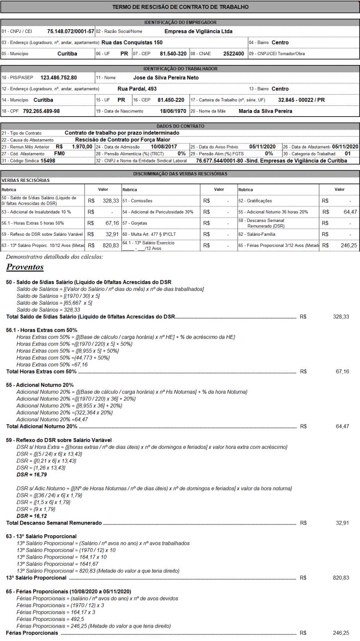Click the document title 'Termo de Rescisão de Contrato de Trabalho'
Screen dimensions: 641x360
pyautogui.click(x=180, y=7)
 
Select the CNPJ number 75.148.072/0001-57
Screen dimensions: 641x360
pyautogui.click(x=71, y=32)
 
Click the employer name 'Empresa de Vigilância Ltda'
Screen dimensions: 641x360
pyautogui.click(x=198, y=32)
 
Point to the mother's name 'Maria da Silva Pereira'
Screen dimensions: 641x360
pyautogui.click(x=266, y=111)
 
